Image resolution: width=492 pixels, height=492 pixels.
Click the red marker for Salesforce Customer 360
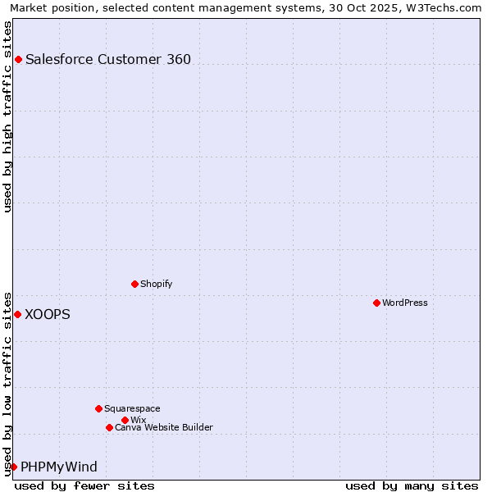pos(18,59)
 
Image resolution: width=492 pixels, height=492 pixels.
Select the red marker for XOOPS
pos(17,314)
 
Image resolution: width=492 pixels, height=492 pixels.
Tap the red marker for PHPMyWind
pos(13,467)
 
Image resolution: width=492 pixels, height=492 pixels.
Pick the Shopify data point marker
pos(134,284)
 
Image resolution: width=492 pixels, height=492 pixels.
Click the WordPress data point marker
pos(376,303)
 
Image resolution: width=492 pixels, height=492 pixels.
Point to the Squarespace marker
pos(98,408)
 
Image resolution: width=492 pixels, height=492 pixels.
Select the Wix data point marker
pos(125,420)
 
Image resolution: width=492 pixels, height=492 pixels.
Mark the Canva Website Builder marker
pos(109,427)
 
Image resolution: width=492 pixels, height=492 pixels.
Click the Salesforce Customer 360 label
pos(108,59)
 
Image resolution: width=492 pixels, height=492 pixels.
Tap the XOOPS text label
pos(48,314)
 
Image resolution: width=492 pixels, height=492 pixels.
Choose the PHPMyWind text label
pos(59,467)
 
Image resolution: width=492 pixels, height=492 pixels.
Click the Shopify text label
pos(157,284)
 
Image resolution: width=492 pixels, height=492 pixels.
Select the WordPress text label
pos(405,303)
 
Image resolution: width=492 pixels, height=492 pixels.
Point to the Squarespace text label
pos(133,408)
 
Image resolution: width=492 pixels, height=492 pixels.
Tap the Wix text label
pos(139,420)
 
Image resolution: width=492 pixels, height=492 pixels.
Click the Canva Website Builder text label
pos(164,427)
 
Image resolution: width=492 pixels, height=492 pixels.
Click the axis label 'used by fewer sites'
pos(84,485)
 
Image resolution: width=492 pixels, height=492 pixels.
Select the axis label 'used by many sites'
pos(412,485)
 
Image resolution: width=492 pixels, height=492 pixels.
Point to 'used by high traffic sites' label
pos(7,116)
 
